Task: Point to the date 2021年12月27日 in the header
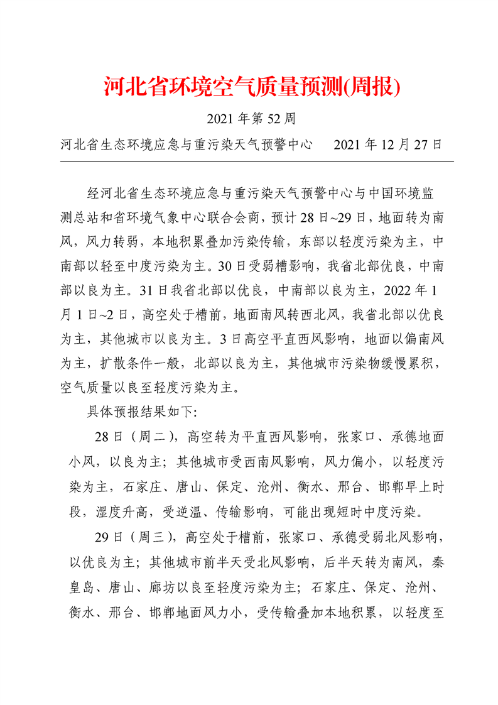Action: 388,145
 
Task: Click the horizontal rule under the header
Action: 256,161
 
